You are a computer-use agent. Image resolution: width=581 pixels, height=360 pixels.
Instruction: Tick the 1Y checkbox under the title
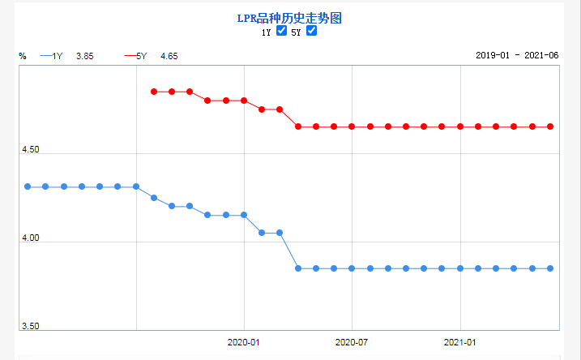(x=281, y=32)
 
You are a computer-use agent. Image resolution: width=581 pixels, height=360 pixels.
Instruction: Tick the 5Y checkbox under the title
(x=311, y=32)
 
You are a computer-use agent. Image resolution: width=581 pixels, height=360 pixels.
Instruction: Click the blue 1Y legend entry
(x=52, y=56)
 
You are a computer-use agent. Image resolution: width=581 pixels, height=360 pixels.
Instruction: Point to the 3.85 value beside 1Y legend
(x=85, y=56)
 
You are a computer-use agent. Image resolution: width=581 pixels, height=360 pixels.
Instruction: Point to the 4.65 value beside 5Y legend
(x=169, y=56)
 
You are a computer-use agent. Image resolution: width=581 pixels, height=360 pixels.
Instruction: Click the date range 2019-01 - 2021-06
(x=517, y=56)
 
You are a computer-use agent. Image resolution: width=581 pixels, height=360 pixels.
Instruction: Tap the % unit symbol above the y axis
(x=23, y=56)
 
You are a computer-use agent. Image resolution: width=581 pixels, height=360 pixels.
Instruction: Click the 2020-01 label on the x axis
(x=244, y=342)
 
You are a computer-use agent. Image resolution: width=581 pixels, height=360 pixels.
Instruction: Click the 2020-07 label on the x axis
(x=352, y=342)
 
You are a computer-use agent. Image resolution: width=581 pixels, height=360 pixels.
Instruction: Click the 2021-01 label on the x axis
(x=460, y=342)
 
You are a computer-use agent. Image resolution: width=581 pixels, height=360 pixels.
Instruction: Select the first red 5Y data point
(x=154, y=92)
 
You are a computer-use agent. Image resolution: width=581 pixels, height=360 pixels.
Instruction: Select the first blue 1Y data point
(x=28, y=186)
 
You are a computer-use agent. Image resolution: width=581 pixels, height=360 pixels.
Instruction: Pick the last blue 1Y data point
(x=550, y=268)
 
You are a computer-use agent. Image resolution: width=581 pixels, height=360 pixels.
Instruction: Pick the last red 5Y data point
(x=550, y=126)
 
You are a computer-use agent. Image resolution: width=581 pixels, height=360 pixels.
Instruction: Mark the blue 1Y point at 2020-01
(x=244, y=215)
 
